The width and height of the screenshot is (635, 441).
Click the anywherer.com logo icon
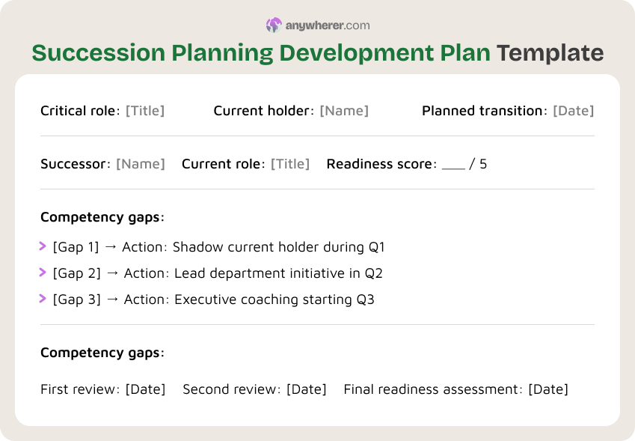(x=274, y=25)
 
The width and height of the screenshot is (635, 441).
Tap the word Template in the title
(x=550, y=53)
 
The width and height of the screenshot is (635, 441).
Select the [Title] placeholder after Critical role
(x=145, y=111)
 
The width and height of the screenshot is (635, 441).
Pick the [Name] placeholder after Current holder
(x=344, y=111)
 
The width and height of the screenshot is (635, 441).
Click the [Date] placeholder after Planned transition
(x=573, y=111)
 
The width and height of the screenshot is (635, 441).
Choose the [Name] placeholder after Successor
(x=141, y=164)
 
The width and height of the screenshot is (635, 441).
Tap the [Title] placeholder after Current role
(x=290, y=164)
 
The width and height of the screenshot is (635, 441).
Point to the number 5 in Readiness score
(x=483, y=164)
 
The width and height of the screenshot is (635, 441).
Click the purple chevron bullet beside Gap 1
(x=43, y=246)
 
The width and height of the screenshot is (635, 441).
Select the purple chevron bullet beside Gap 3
(x=43, y=299)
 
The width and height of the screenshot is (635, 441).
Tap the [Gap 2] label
(x=76, y=273)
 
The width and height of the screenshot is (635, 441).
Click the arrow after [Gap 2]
(x=112, y=273)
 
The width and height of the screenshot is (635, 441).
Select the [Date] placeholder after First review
(x=145, y=389)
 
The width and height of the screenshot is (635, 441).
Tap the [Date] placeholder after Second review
(x=307, y=389)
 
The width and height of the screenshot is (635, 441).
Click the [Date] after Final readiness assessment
(x=548, y=389)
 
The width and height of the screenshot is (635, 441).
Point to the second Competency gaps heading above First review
(x=102, y=353)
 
